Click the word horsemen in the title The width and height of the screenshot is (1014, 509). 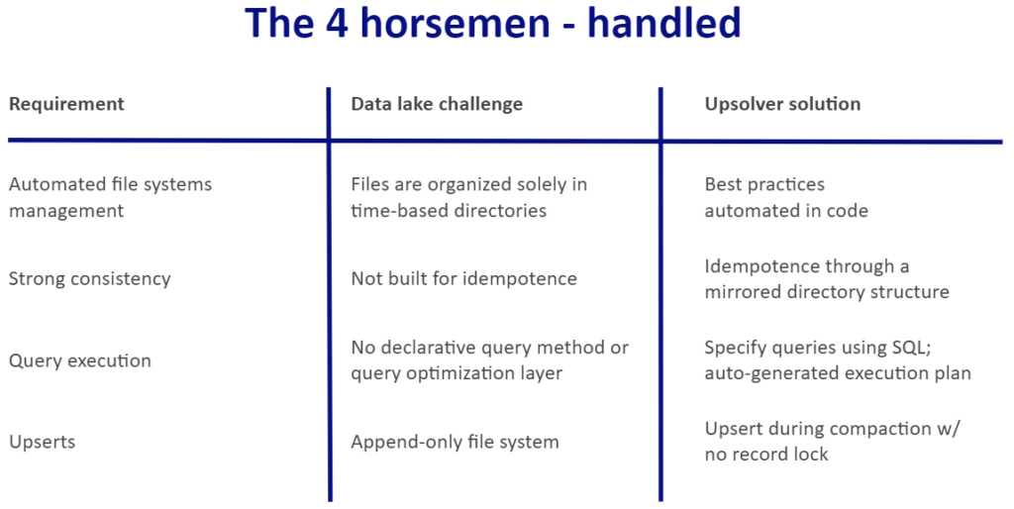click(x=454, y=23)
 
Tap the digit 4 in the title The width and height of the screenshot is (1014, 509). click(x=337, y=24)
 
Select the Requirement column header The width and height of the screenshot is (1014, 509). click(x=66, y=104)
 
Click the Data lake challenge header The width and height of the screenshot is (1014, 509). click(x=437, y=104)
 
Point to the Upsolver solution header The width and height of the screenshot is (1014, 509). click(x=782, y=104)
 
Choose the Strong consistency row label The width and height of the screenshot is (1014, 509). click(x=90, y=278)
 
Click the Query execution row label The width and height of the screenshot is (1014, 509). click(x=80, y=360)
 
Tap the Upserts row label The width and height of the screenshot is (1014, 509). click(x=42, y=443)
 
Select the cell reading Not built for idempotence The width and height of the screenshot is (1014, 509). click(x=463, y=278)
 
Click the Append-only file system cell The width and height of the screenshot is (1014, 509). click(x=455, y=443)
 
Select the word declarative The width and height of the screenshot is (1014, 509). click(x=429, y=348)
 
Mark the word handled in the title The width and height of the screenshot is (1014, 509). click(x=663, y=23)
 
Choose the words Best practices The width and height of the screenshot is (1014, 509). click(x=764, y=184)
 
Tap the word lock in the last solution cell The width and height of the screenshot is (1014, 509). click(x=811, y=454)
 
